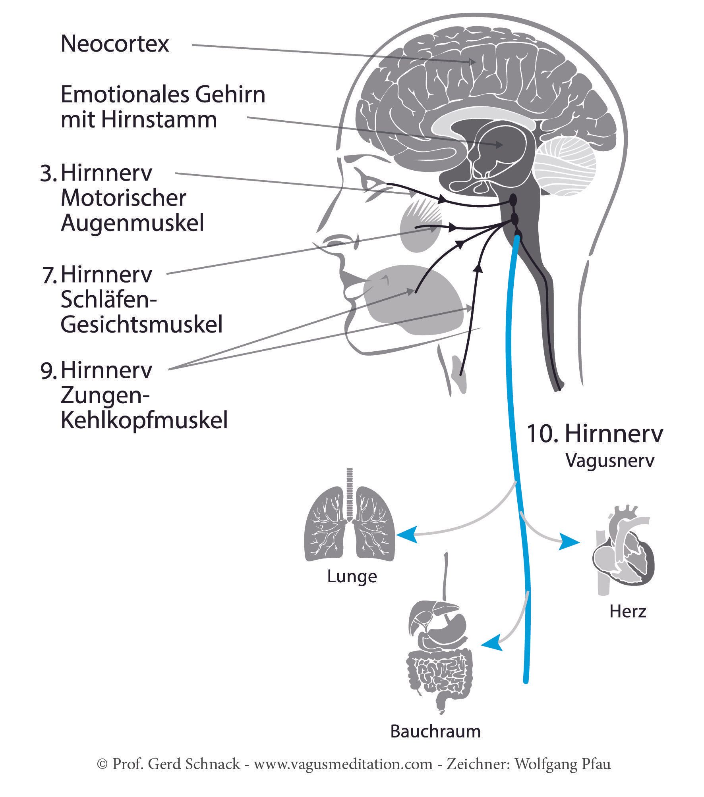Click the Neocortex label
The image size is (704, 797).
click(x=115, y=44)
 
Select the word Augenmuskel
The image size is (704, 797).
click(x=132, y=223)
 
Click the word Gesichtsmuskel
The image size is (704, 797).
click(x=141, y=325)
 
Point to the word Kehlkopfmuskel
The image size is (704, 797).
click(x=144, y=421)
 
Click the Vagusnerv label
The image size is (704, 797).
click(x=610, y=461)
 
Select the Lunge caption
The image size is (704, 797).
click(x=352, y=576)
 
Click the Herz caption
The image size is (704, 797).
click(x=628, y=612)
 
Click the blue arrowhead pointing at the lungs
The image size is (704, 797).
click(x=407, y=535)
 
